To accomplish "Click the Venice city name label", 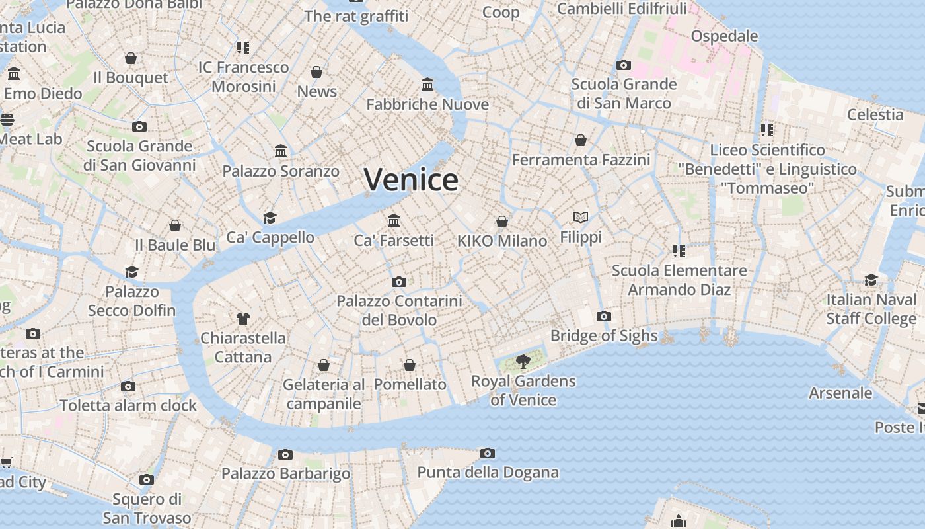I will pyautogui.click(x=411, y=180).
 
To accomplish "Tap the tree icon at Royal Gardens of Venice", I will pyautogui.click(x=523, y=361).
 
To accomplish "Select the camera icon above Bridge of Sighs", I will pyautogui.click(x=603, y=316).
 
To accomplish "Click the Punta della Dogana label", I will pyautogui.click(x=488, y=473).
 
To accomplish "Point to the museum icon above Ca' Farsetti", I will pyautogui.click(x=394, y=220).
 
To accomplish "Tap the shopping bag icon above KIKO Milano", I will pyautogui.click(x=502, y=221).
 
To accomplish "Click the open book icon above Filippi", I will pyautogui.click(x=581, y=217).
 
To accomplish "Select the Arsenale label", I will pyautogui.click(x=840, y=393).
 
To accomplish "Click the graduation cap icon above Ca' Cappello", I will pyautogui.click(x=270, y=218).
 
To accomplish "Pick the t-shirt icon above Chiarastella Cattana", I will pyautogui.click(x=242, y=318).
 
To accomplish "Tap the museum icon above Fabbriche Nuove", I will pyautogui.click(x=427, y=85).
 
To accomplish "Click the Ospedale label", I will pyautogui.click(x=724, y=36).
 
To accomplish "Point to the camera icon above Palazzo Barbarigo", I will pyautogui.click(x=285, y=454).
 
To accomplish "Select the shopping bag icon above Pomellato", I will pyautogui.click(x=410, y=365).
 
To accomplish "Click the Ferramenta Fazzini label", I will pyautogui.click(x=581, y=160).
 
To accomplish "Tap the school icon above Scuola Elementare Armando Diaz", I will pyautogui.click(x=679, y=251).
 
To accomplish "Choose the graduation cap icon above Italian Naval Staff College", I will pyautogui.click(x=871, y=280).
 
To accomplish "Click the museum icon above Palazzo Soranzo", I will pyautogui.click(x=281, y=151).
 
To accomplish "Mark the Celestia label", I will pyautogui.click(x=875, y=114).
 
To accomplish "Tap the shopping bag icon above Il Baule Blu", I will pyautogui.click(x=175, y=225).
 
